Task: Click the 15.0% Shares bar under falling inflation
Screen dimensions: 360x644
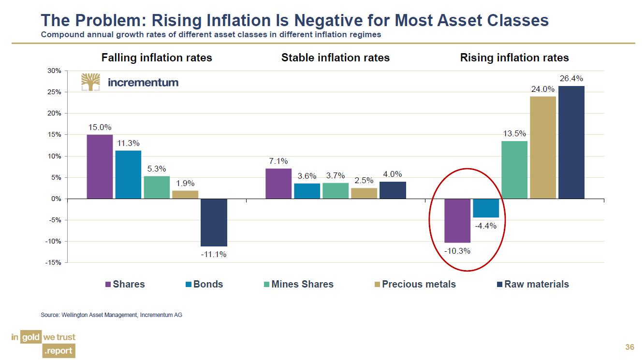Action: click(100, 166)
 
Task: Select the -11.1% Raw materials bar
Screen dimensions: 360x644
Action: click(214, 222)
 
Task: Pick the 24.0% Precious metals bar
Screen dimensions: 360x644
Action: click(542, 147)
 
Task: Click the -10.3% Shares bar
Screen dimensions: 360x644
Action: click(457, 220)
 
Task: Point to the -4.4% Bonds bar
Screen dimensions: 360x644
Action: click(485, 208)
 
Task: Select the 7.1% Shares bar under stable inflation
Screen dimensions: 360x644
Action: click(278, 183)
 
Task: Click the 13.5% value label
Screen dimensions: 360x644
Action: click(514, 133)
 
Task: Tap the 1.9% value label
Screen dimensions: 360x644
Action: click(185, 183)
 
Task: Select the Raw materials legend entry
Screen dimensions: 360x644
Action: click(533, 284)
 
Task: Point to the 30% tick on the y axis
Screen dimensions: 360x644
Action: click(54, 71)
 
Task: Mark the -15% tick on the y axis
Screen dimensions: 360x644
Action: click(54, 262)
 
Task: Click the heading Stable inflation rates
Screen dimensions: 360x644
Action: click(335, 58)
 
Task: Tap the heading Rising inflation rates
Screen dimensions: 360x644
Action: click(514, 58)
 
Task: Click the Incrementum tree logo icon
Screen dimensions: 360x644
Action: click(90, 82)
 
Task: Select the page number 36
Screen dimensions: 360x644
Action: click(629, 347)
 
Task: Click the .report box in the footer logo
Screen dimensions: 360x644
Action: click(59, 351)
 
